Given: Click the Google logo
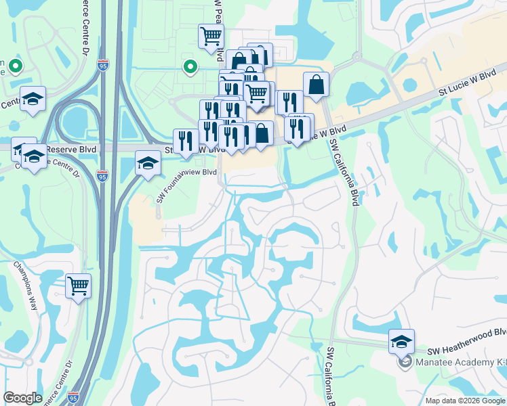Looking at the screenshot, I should tap(23, 398).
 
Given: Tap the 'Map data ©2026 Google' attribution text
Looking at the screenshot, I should tap(464, 401).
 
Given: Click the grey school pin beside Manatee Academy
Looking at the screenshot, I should tap(405, 362).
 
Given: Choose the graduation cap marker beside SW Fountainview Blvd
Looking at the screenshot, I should tap(148, 164).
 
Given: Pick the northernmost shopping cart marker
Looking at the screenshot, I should tap(211, 36).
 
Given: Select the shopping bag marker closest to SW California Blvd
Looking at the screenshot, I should tap(316, 85).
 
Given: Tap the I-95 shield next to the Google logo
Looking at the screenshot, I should tap(73, 398).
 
